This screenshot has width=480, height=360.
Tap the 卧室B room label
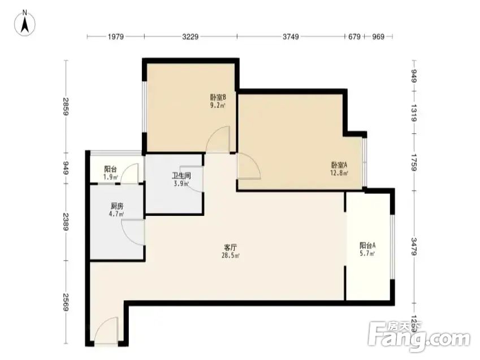coord(218,97)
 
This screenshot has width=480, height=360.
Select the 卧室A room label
coord(339,165)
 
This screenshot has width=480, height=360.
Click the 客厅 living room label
coord(230,247)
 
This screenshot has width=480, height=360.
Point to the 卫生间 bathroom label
coord(181,176)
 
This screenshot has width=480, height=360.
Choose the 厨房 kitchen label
coord(117,206)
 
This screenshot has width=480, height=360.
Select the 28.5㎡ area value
coord(231,255)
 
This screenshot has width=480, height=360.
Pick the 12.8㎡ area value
coord(339,173)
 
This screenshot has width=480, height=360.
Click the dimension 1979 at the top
coord(115,37)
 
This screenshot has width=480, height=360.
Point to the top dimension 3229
coord(191,37)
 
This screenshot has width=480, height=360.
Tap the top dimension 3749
coord(290,37)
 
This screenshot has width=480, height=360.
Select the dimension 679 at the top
coord(354,37)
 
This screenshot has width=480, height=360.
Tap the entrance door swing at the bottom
coord(106,333)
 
